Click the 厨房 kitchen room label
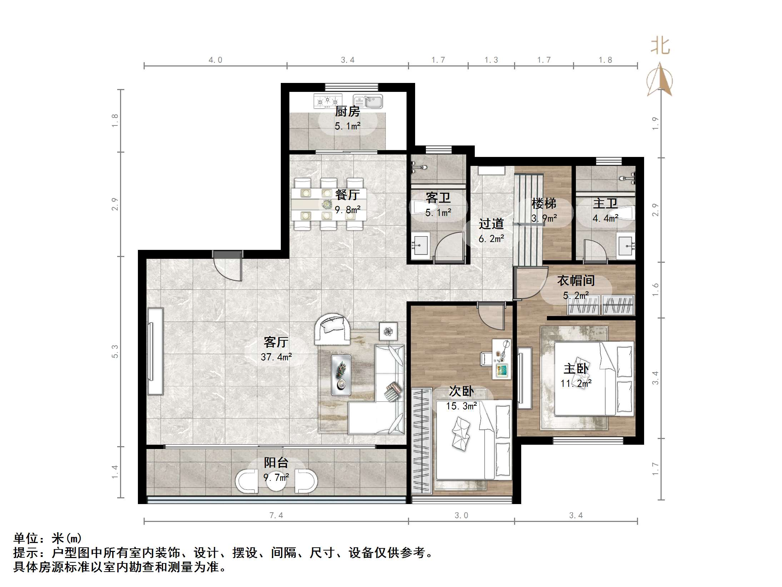tap(347, 112)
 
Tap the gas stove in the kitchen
tap(328, 101)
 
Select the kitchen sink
tap(368, 101)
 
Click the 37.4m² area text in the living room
tap(276, 357)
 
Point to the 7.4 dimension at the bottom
tap(276, 515)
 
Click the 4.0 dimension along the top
tap(215, 60)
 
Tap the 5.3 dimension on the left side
tap(115, 351)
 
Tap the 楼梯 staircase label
tap(544, 203)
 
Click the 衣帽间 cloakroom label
tap(576, 281)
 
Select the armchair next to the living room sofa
tap(332, 329)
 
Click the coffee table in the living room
tap(341, 375)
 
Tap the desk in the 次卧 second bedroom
tap(502, 359)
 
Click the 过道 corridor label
tap(491, 224)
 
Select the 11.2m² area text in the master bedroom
tap(576, 384)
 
